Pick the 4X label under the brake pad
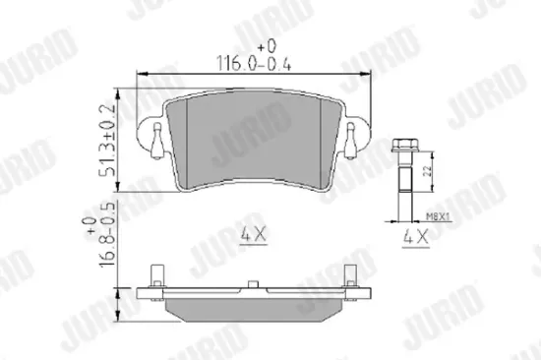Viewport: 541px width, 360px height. click(255, 236)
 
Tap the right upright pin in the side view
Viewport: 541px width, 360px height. click(347, 274)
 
